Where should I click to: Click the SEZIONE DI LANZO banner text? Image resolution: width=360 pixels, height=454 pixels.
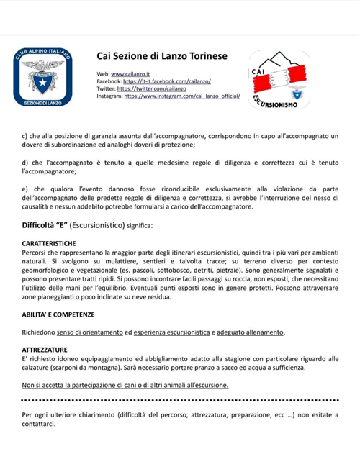[42, 104]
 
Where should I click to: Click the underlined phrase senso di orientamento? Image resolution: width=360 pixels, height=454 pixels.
[89, 332]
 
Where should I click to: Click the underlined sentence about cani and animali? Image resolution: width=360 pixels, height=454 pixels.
[125, 385]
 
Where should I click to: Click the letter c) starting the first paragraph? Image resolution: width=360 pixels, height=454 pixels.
[26, 135]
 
